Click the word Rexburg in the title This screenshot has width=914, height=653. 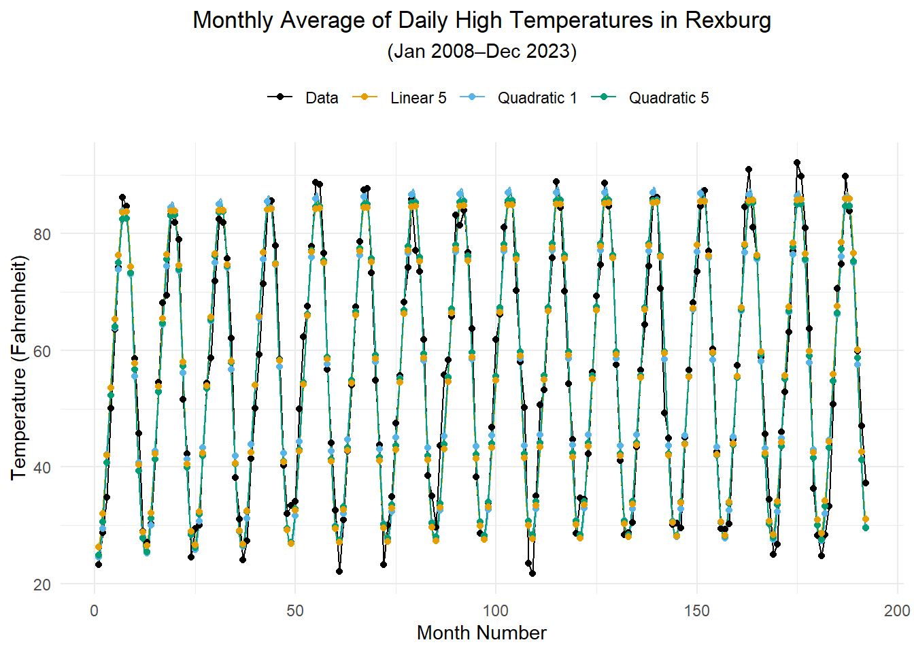(x=728, y=20)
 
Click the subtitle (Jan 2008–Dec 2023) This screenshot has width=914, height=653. (x=481, y=52)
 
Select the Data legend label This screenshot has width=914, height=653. (x=322, y=98)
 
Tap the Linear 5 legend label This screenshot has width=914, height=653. (x=418, y=98)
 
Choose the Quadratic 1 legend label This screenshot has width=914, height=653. (x=537, y=98)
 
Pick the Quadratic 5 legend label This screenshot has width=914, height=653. (x=668, y=98)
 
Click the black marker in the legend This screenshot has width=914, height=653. (x=280, y=97)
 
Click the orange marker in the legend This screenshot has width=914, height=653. (x=365, y=97)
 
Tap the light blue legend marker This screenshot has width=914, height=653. (x=473, y=97)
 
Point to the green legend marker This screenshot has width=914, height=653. (x=603, y=97)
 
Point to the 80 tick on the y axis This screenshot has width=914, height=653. (x=42, y=234)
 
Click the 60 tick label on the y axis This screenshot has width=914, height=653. (x=42, y=351)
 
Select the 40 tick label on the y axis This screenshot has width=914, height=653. (x=42, y=467)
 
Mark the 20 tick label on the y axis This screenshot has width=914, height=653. (x=42, y=584)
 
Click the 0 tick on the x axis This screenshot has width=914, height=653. (x=95, y=610)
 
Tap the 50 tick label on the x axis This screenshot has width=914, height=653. (x=295, y=610)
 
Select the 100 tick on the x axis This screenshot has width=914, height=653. (x=496, y=610)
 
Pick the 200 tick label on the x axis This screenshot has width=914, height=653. (x=897, y=610)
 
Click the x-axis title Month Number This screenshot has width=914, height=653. (x=481, y=633)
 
